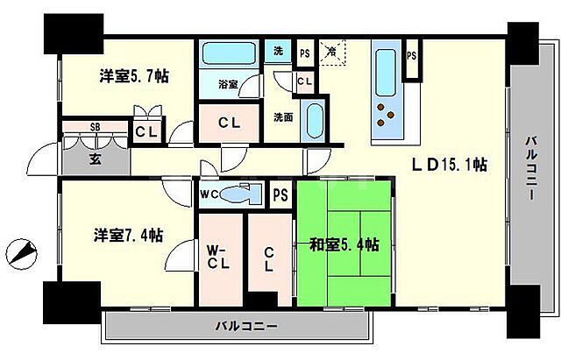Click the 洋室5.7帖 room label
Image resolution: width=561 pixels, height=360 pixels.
tap(132, 77)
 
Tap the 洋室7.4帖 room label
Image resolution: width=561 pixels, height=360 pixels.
tap(128, 236)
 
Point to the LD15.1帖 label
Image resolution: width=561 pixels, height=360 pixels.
tap(451, 165)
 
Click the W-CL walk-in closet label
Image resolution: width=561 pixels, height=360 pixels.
tap(218, 256)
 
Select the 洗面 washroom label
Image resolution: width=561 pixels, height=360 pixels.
tap(282, 116)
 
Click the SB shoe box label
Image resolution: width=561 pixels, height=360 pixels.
tap(95, 128)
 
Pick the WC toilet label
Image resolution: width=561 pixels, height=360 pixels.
tap(209, 194)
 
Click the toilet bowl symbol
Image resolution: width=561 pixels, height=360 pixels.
tap(238, 194)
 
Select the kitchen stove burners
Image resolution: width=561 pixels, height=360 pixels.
tap(385, 116)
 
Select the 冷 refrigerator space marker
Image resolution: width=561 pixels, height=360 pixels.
tap(332, 52)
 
